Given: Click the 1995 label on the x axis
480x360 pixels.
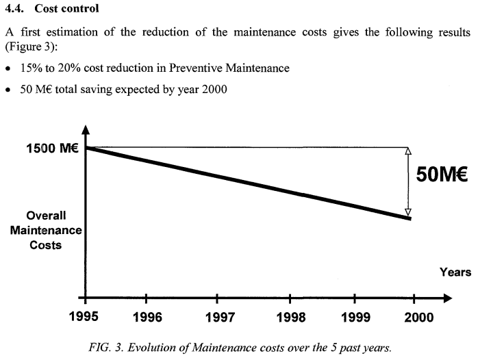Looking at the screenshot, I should [86, 318].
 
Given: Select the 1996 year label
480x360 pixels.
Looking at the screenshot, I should [148, 318].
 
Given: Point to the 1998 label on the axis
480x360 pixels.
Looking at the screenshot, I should [290, 318].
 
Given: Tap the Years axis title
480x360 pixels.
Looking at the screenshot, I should [455, 272].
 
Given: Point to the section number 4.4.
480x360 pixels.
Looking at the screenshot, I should [16, 10].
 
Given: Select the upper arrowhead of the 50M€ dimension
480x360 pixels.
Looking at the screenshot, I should [408, 151].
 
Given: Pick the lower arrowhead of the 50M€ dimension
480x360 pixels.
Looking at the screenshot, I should [408, 212].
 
